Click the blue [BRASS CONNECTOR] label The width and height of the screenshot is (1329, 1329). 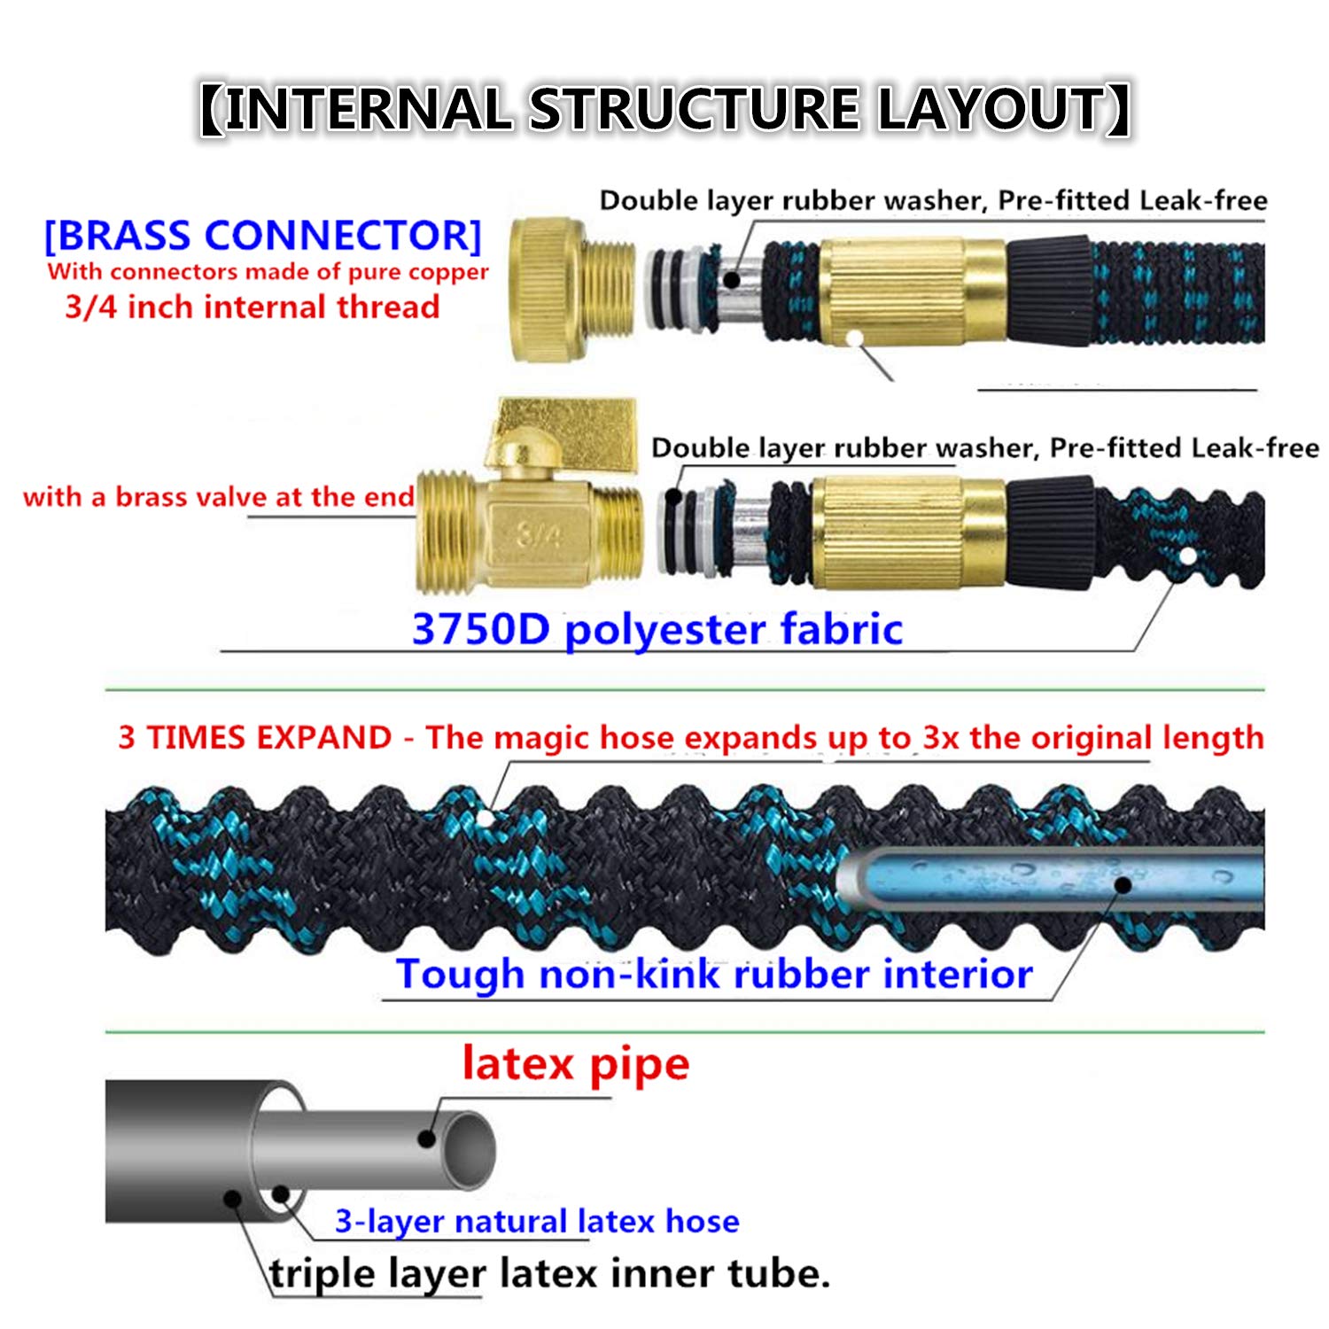[x=263, y=236]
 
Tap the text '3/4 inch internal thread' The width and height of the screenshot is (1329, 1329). [x=253, y=307]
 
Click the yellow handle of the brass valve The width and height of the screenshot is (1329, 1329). [x=567, y=434]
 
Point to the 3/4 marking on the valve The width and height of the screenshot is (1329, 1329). [x=539, y=534]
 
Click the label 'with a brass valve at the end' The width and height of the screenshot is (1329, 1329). [x=219, y=496]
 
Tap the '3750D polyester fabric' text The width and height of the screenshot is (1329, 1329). [x=657, y=629]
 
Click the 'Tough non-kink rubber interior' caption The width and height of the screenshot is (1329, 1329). [x=714, y=973]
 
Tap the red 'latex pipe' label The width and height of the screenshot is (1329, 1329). [x=575, y=1064]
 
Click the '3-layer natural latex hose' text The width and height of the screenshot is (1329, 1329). [x=537, y=1221]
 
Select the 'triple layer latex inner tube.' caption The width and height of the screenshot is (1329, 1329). [x=550, y=1274]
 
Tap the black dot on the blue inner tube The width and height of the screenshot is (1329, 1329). [x=1123, y=884]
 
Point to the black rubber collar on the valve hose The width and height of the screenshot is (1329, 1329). [x=1050, y=532]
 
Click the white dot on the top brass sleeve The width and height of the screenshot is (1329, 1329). [x=854, y=338]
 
